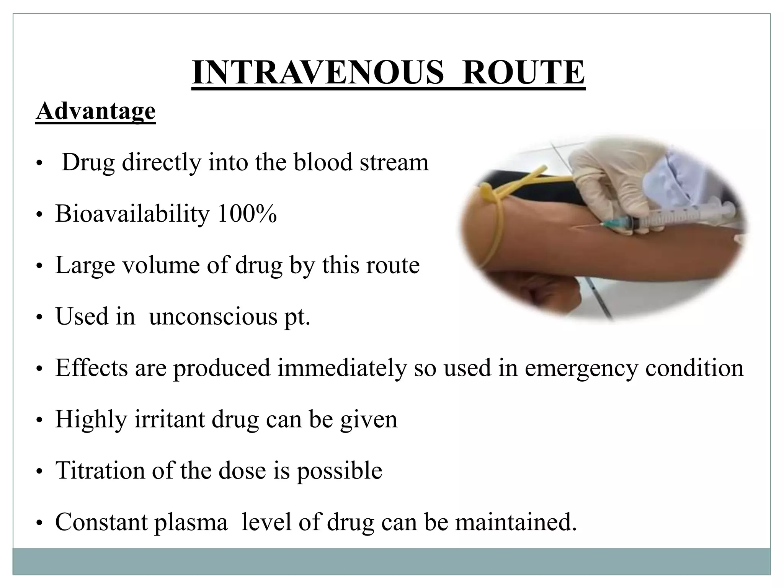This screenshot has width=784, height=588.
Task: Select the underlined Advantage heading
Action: (x=96, y=111)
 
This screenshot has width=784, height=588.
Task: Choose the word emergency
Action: (x=581, y=368)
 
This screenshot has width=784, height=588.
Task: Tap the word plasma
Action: (x=191, y=523)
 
